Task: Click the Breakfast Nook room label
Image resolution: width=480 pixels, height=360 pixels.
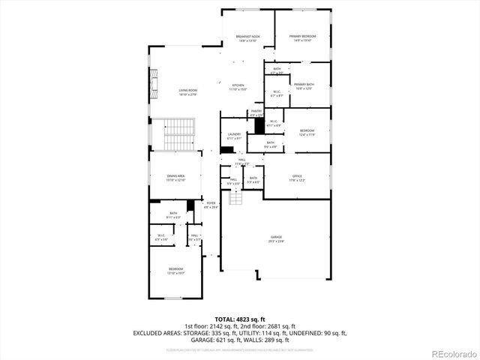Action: click(247, 37)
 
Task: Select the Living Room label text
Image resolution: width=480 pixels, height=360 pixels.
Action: click(187, 92)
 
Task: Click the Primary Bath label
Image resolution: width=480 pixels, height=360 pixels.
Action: click(304, 86)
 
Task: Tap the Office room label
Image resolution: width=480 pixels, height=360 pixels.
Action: click(298, 177)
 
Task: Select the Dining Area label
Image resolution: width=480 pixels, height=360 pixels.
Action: click(175, 177)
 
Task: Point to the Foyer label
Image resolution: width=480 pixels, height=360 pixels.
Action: click(211, 204)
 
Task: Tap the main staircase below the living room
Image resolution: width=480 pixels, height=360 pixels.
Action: click(179, 134)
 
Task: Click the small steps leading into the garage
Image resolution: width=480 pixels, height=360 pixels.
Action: click(236, 197)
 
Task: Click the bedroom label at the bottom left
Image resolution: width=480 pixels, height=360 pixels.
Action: click(175, 270)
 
